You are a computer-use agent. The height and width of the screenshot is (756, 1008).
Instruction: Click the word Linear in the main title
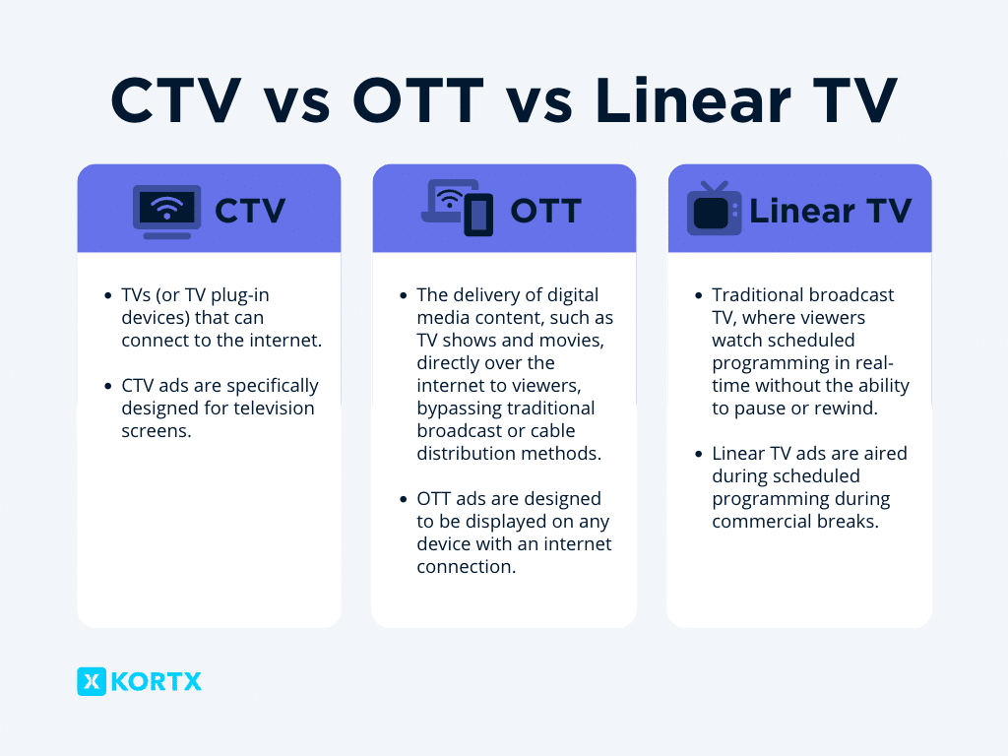692,100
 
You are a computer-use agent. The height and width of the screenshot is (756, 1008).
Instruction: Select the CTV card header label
250,211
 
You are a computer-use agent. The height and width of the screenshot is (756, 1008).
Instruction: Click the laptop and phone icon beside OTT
457,208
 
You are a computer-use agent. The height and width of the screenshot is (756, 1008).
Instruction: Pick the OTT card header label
545,211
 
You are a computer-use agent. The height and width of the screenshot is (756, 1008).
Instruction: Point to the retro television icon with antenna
714,209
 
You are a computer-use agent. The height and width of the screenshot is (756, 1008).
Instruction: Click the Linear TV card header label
831,211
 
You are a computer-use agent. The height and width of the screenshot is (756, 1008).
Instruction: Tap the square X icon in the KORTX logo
92,681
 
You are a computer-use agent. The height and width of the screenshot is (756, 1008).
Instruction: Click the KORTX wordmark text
157,681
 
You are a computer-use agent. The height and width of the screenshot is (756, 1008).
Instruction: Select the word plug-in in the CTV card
240,295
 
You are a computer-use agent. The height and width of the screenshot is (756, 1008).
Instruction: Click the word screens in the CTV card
157,431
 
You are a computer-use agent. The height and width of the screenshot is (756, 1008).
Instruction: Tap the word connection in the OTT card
466,567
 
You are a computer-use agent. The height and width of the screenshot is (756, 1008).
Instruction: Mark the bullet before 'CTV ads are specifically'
108,386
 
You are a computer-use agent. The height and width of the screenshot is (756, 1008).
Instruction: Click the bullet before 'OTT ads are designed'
403,499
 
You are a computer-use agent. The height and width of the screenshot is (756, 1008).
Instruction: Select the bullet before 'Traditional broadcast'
699,295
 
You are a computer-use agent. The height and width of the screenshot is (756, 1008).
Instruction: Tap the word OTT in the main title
417,100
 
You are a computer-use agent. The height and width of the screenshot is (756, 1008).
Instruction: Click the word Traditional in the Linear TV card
758,295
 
